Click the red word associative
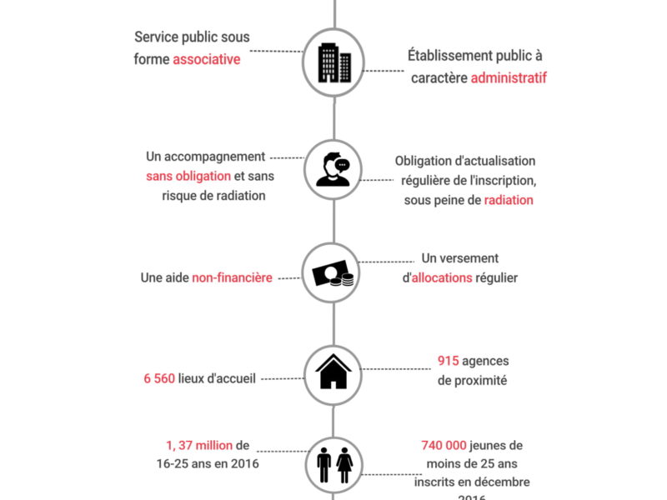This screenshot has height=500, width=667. click(x=206, y=59)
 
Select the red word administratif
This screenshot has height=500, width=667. click(x=509, y=78)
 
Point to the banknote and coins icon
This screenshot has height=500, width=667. click(x=333, y=276)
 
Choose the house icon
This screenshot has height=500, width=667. click(x=333, y=372)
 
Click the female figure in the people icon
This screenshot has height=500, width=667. click(x=344, y=467)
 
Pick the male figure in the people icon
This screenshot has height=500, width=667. click(x=325, y=467)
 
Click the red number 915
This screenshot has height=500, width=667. click(x=450, y=361)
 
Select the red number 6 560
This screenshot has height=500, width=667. click(x=158, y=377)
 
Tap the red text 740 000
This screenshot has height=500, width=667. click(x=439, y=446)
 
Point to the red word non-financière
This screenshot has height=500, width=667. click(x=232, y=277)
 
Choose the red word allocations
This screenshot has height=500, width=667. click(x=442, y=277)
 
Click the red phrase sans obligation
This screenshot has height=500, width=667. click(x=188, y=176)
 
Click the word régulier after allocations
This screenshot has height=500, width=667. click(x=497, y=277)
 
